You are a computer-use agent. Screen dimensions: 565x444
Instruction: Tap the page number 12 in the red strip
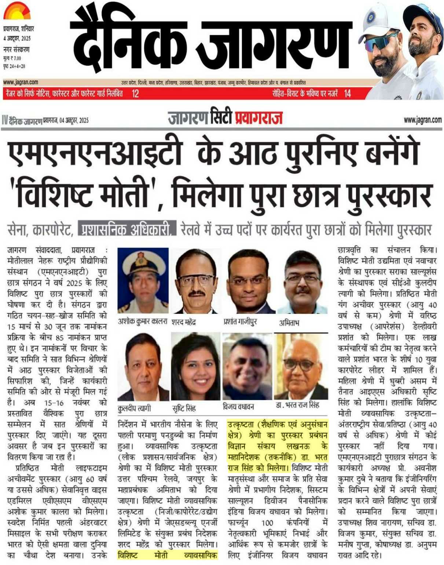(135, 94)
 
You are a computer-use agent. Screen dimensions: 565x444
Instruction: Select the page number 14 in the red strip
(348, 94)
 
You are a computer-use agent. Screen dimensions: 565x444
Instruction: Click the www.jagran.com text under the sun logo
(21, 82)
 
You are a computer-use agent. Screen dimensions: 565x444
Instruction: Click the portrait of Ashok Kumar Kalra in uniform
(143, 280)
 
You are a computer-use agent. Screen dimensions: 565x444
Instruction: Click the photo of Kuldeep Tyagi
(143, 367)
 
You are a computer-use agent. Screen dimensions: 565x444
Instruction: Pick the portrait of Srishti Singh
(196, 367)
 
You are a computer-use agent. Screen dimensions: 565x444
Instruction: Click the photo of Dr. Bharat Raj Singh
(301, 367)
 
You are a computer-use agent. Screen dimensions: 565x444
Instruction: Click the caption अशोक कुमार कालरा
(143, 321)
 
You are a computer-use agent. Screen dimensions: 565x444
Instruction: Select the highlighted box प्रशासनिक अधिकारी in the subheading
(127, 229)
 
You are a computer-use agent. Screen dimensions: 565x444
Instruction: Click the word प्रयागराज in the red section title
(259, 118)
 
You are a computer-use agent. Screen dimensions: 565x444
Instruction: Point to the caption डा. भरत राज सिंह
(297, 405)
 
